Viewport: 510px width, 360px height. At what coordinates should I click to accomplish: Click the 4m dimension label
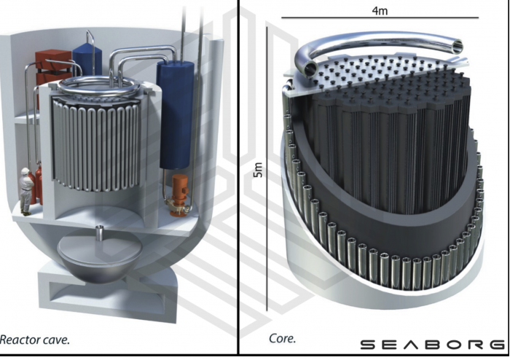(x=380, y=11)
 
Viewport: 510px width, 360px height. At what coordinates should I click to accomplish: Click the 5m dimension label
(x=258, y=169)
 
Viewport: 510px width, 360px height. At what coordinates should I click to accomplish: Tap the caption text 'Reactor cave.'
(x=34, y=340)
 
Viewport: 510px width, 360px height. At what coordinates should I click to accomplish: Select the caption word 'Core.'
(x=283, y=339)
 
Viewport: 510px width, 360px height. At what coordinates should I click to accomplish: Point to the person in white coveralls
(x=25, y=191)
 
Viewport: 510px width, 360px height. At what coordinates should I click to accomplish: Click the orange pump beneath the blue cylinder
(x=178, y=195)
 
